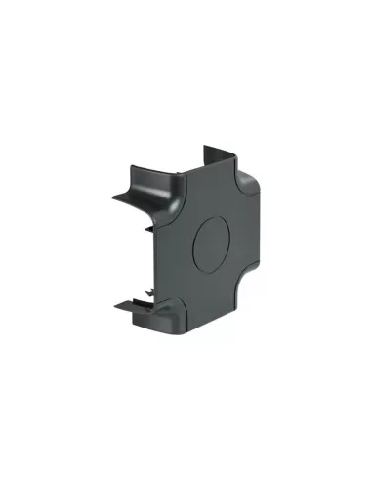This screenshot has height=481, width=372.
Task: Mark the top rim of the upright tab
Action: point(216,149)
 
